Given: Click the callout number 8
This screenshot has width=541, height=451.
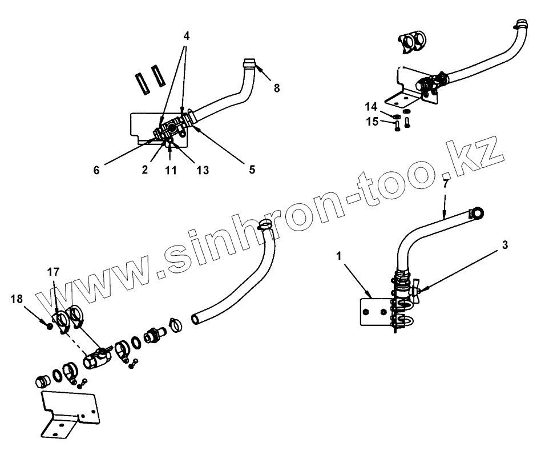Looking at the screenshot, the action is (277, 87).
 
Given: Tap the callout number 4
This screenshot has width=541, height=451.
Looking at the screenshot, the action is (186, 36).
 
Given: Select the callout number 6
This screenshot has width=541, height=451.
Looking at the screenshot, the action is (96, 170).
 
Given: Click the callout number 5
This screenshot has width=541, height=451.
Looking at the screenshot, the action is (252, 169).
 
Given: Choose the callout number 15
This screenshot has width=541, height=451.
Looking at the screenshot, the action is (372, 121).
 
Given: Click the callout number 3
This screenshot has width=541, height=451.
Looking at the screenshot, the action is (504, 245).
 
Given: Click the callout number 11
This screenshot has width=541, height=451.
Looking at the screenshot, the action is (169, 170).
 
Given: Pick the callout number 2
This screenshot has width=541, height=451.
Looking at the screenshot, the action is (146, 170).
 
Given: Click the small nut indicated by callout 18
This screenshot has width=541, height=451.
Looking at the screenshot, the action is (50, 327).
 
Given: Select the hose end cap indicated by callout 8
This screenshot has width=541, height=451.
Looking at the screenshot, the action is (249, 63).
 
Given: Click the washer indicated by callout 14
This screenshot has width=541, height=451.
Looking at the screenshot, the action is (396, 116).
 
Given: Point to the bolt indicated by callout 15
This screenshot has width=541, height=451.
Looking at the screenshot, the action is (397, 126).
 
